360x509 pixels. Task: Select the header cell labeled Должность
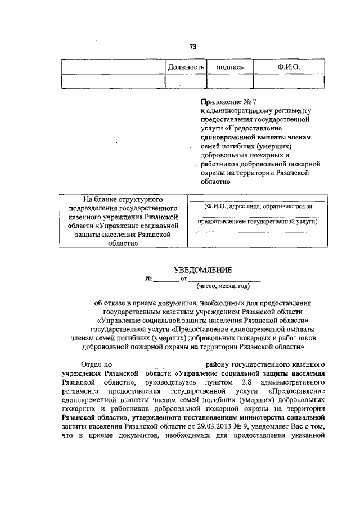186,67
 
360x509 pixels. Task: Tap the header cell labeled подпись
230,67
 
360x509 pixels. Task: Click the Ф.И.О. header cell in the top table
289,67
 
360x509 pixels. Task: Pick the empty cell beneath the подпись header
230,82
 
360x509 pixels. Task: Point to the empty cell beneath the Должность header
186,82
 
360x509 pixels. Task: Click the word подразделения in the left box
88,209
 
